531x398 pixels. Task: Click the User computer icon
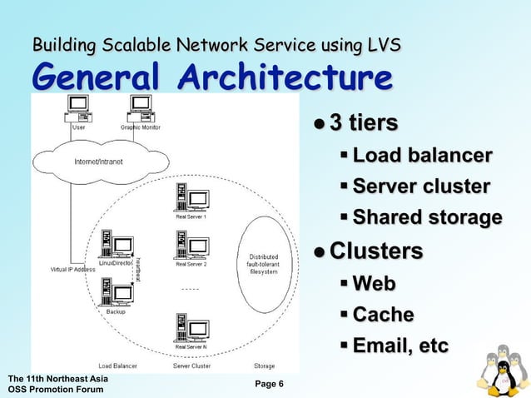click(x=77, y=109)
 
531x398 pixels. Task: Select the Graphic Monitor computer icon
click(x=140, y=109)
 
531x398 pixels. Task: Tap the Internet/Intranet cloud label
click(x=98, y=161)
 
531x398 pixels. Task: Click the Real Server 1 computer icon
click(x=191, y=198)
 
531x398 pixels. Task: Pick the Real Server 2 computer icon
click(x=191, y=246)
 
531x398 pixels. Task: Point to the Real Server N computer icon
click(x=191, y=327)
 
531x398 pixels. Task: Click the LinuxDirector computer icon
click(x=116, y=243)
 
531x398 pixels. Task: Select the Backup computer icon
click(x=116, y=291)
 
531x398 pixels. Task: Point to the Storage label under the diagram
click(x=264, y=366)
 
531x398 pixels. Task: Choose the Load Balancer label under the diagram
click(x=117, y=366)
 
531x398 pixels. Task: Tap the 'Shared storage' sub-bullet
click(x=427, y=217)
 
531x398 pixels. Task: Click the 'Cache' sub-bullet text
click(x=383, y=315)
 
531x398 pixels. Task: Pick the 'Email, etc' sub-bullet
click(x=400, y=345)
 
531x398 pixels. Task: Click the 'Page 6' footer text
click(x=269, y=384)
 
